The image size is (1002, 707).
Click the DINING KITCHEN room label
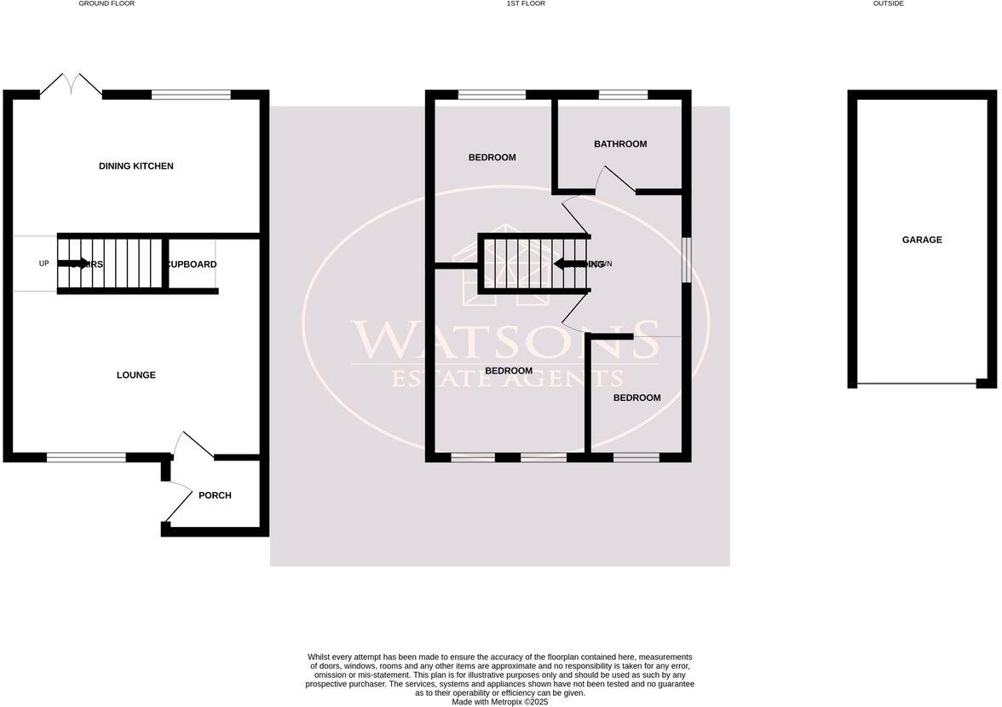click(x=136, y=166)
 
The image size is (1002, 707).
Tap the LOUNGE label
click(x=136, y=375)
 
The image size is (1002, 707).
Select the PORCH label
click(x=215, y=495)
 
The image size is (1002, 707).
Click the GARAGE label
click(x=922, y=240)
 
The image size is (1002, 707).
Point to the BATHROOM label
click(x=620, y=144)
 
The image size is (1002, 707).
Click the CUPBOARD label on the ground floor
click(x=192, y=264)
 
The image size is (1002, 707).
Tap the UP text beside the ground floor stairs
click(x=44, y=264)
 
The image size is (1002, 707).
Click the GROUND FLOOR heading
click(x=107, y=4)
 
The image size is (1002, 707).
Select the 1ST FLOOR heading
click(x=526, y=4)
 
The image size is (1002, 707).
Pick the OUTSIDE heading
click(x=889, y=4)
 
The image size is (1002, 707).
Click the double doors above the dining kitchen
click(x=71, y=85)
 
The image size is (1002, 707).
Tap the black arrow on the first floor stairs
click(x=568, y=264)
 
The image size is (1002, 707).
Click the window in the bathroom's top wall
click(x=622, y=95)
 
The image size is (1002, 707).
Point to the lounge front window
click(x=86, y=458)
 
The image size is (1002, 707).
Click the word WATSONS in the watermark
click(x=505, y=339)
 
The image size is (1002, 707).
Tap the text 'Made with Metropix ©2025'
click(x=500, y=702)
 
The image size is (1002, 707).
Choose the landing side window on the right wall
click(x=686, y=258)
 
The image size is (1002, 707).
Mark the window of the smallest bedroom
click(x=636, y=458)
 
